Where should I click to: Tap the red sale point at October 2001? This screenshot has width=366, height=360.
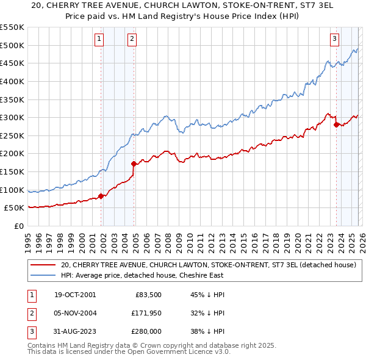pyautogui.click(x=101, y=196)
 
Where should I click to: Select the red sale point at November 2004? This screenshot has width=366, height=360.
pyautogui.click(x=134, y=164)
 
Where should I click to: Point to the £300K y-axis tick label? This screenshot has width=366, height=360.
pyautogui.click(x=12, y=117)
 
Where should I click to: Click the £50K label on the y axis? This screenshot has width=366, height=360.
pyautogui.click(x=15, y=208)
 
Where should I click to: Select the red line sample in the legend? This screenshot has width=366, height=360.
pyautogui.click(x=43, y=265)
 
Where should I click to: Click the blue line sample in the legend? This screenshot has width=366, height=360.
pyautogui.click(x=43, y=275)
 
